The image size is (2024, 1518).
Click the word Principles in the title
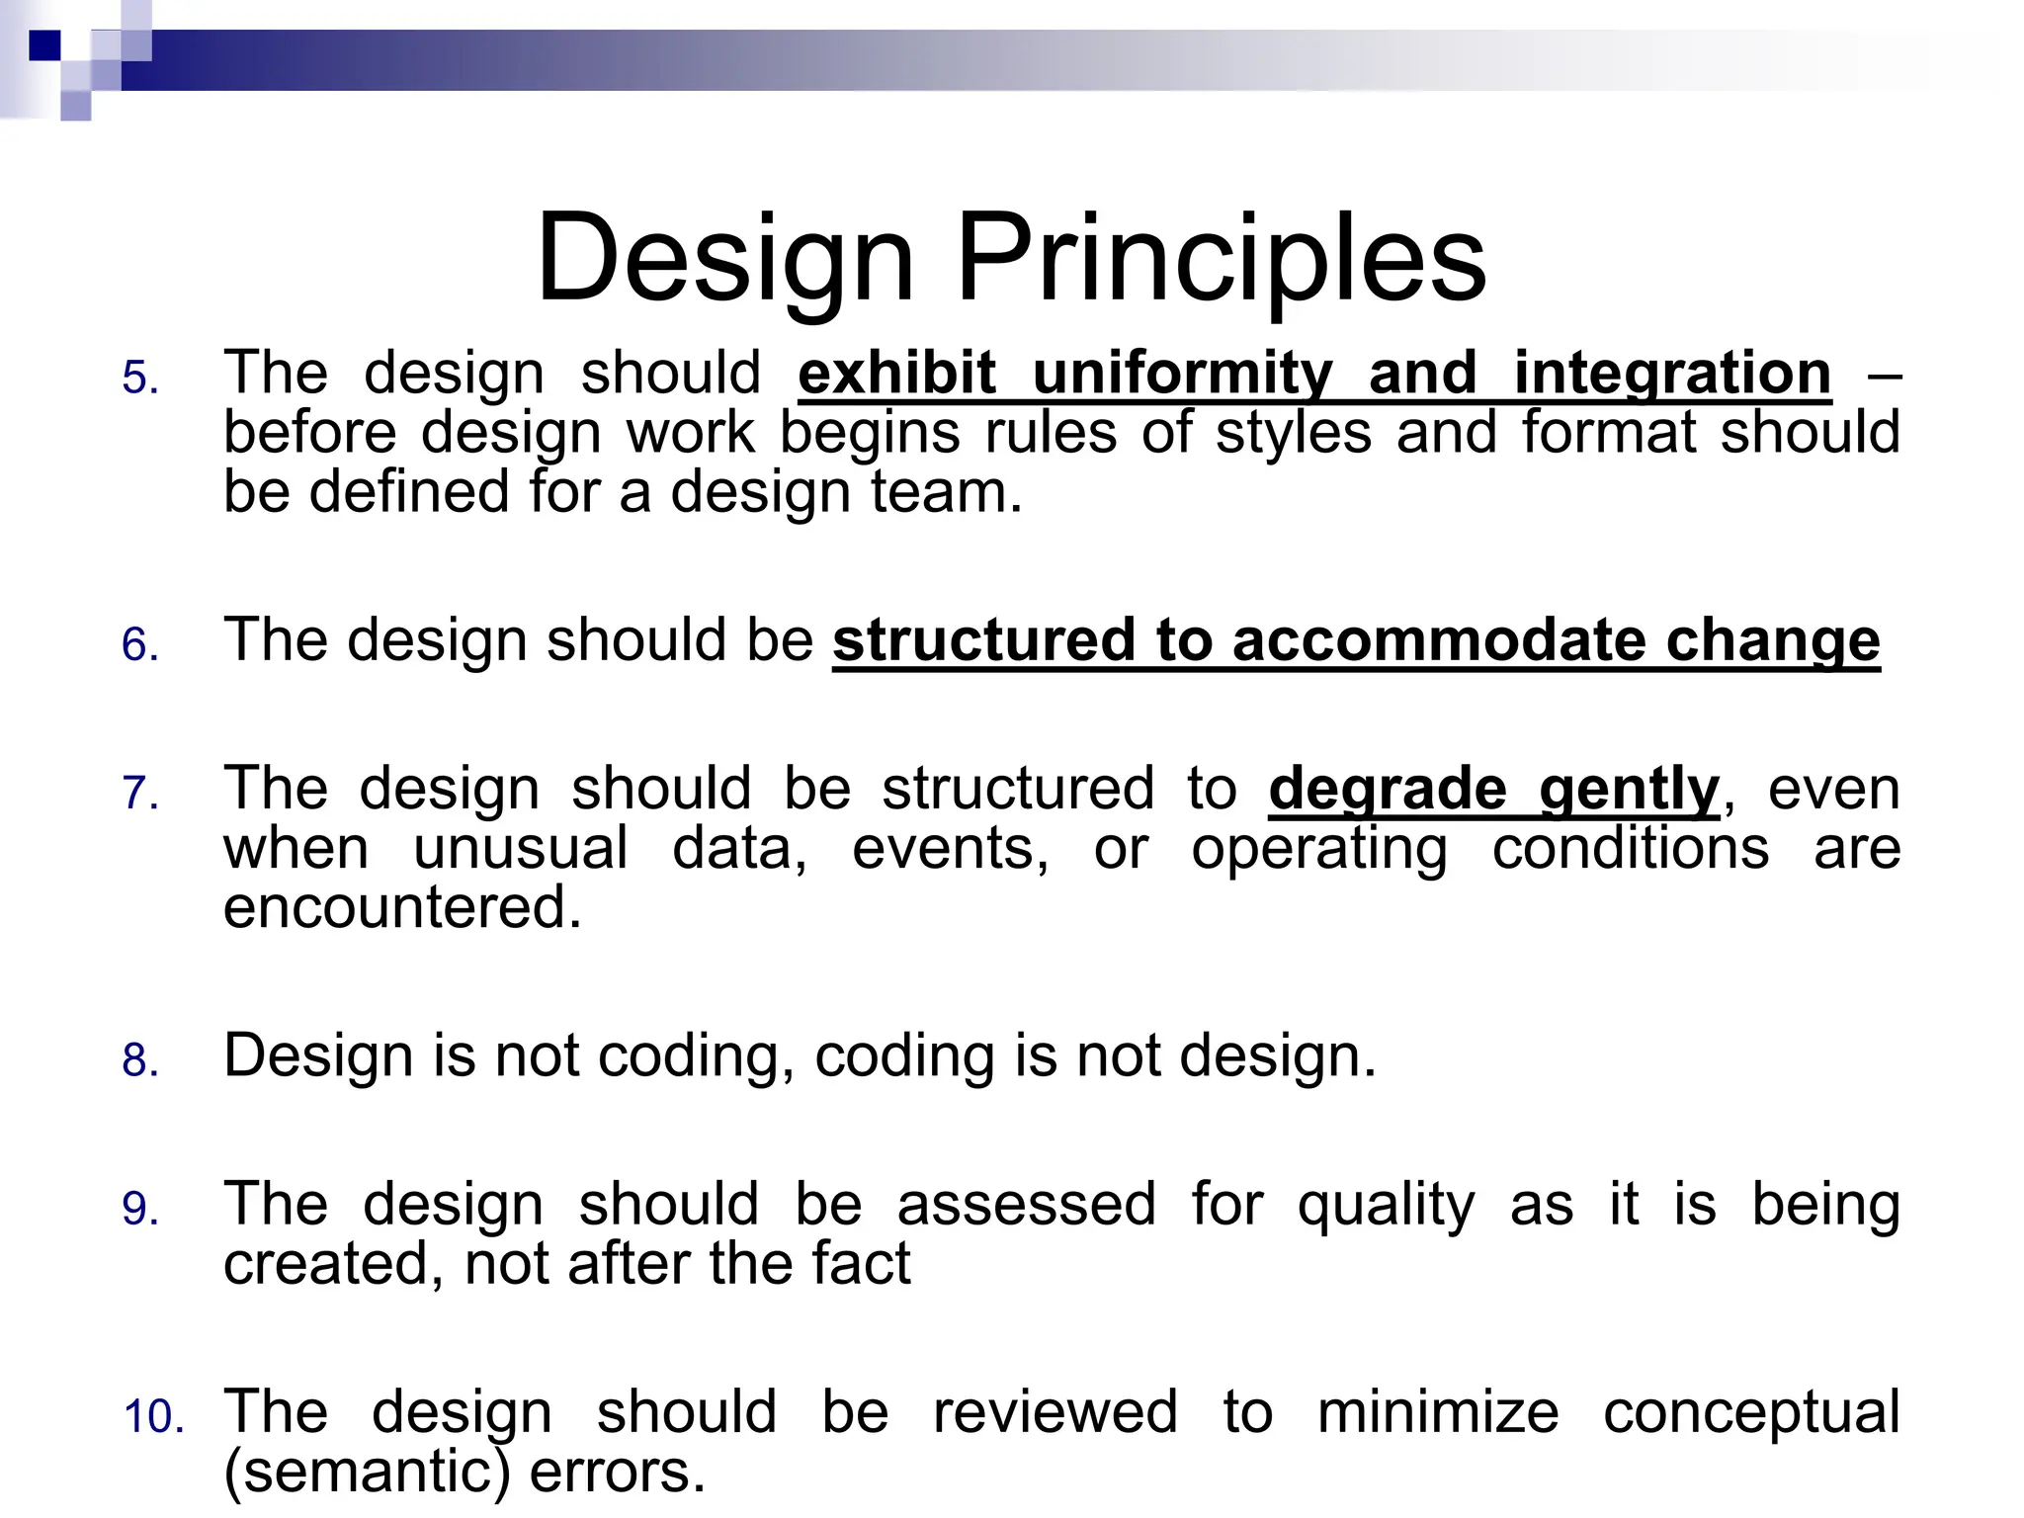coord(1222,259)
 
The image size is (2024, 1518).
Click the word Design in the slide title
coord(725,259)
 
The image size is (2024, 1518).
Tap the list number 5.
coord(140,379)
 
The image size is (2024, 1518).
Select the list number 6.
coord(140,645)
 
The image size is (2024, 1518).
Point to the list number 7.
coord(140,794)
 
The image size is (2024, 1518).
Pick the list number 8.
coord(140,1060)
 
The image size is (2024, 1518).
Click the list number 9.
coord(140,1209)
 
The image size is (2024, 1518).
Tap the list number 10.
coord(154,1416)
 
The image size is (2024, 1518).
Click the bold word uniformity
coord(1182,374)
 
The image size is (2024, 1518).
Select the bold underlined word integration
coord(1672,374)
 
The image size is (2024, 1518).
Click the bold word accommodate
coord(1439,640)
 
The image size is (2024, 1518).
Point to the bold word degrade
coord(1388,789)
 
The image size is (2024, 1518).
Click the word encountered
coord(401,907)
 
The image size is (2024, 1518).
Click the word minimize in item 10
coord(1438,1411)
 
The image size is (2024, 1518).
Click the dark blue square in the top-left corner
coord(44,45)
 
